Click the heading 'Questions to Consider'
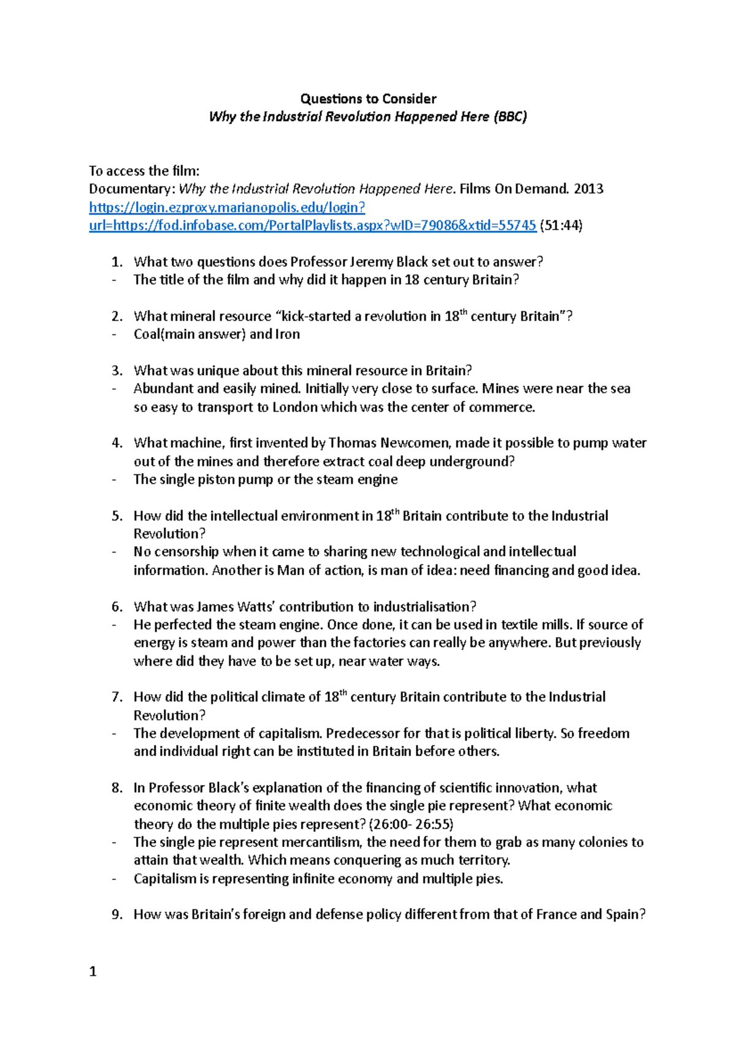coord(368,99)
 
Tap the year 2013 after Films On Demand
coord(588,189)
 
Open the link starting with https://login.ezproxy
coord(227,207)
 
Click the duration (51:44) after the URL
coord(561,225)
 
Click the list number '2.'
coord(117,317)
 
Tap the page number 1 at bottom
coord(93,971)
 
